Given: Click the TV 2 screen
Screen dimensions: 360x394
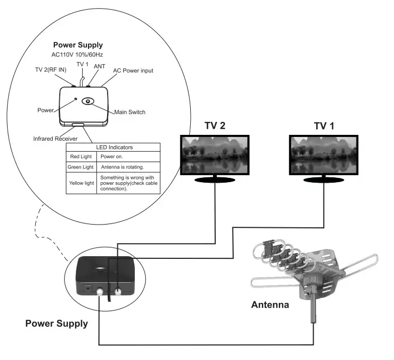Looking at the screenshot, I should (x=215, y=155).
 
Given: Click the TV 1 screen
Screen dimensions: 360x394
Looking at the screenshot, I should (x=324, y=155).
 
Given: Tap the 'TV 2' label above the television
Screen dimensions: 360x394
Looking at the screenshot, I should (x=215, y=126).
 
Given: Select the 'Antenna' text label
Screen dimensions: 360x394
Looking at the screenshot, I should (x=270, y=305).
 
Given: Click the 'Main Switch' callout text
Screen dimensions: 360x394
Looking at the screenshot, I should (x=129, y=112).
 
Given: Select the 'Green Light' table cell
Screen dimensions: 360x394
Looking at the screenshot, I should (x=82, y=166).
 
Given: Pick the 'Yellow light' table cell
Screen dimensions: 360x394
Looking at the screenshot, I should (x=82, y=183).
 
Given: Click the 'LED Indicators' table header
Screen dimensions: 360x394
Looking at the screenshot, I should (x=113, y=147).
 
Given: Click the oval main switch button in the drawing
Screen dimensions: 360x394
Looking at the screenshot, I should (x=88, y=101).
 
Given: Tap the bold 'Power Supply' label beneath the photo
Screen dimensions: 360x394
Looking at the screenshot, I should (x=57, y=324).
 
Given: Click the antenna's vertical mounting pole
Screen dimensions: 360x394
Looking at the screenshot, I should (x=314, y=309).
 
